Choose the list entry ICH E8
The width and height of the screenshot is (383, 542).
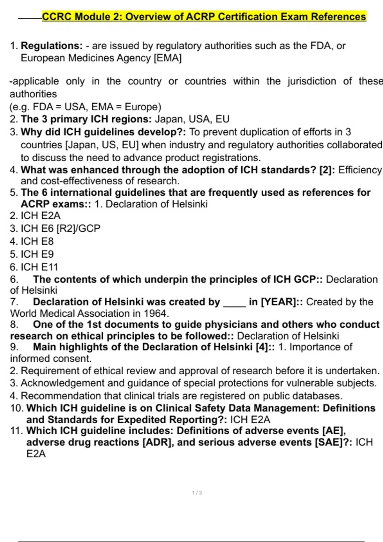point(37,241)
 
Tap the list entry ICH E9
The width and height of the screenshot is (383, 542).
point(37,254)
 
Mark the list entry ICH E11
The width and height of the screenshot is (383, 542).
point(39,267)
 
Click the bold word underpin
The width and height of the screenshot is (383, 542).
point(166,280)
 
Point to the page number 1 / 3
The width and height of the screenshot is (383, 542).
point(197,493)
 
